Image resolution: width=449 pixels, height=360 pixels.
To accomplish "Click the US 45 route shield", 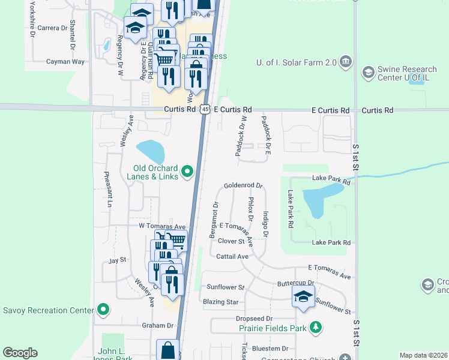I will coord(205,110).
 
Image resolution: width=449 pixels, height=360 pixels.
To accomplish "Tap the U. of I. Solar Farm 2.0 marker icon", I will coord(345,61).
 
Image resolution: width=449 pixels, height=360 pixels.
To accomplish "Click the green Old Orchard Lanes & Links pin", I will coord(187,172).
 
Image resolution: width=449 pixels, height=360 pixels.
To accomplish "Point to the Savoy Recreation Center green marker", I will coord(103,310).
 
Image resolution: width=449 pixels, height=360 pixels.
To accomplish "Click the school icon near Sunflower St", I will coord(303,296).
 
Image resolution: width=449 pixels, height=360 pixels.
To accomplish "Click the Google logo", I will coord(20,353).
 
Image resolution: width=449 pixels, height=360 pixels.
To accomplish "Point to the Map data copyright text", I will coord(423,355).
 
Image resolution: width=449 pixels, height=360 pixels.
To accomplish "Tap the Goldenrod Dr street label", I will coord(244,186).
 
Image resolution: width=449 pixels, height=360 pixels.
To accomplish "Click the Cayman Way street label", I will coord(65,61).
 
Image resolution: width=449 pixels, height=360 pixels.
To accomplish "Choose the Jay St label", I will coord(116,260).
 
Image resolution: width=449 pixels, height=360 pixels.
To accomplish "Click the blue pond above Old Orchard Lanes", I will coord(149,152).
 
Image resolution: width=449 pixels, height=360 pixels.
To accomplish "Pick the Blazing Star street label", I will coord(221,302).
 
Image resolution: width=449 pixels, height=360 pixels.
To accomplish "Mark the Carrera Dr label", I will coord(52,28).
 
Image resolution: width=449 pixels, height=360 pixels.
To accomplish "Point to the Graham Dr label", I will coord(157,326).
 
